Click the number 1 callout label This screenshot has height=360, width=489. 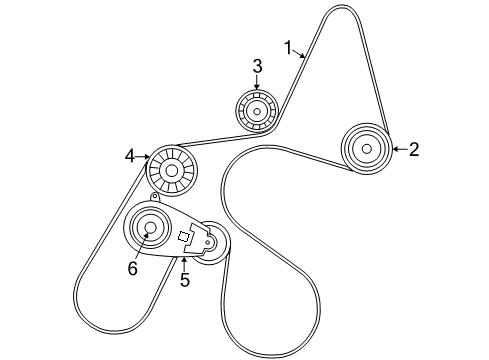[288, 46]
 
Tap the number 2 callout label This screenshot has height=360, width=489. [413, 150]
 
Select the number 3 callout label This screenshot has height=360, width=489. [257, 66]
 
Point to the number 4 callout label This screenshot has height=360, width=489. [130, 155]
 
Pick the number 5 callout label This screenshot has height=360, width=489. [184, 281]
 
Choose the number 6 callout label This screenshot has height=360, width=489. [131, 267]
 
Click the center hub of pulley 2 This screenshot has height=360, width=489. [366, 149]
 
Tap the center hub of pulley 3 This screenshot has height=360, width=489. [256, 110]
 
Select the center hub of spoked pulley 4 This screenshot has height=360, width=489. [171, 171]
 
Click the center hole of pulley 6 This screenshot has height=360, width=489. [151, 229]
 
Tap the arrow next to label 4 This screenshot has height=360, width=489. [144, 156]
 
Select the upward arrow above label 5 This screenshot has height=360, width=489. [184, 263]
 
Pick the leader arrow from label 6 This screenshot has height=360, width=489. [141, 247]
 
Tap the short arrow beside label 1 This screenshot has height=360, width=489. [301, 55]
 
